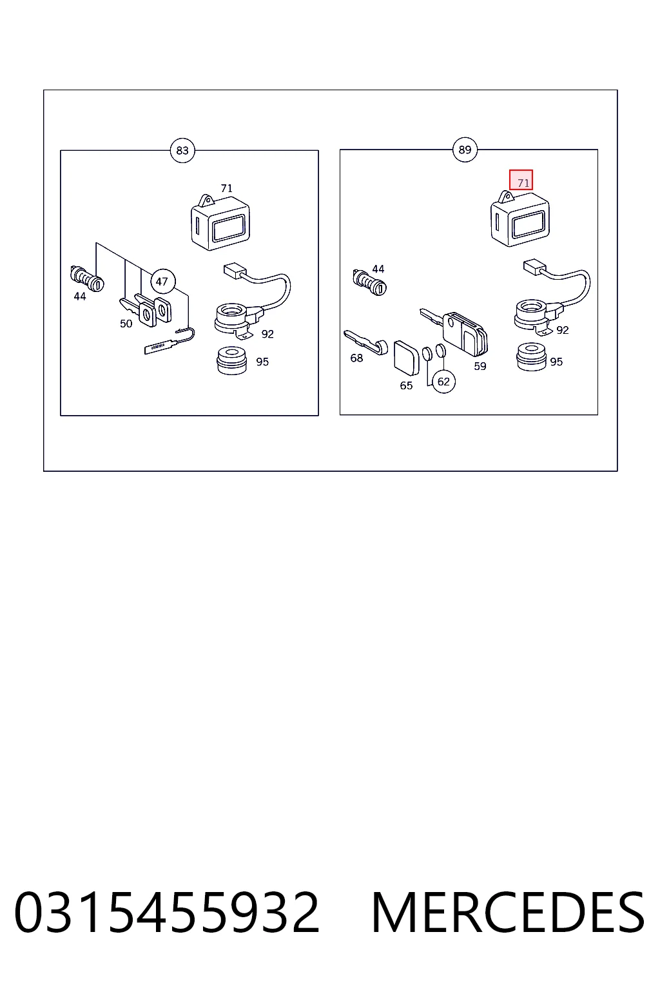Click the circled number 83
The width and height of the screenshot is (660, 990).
coord(182,151)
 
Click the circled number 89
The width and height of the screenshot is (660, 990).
coord(465,150)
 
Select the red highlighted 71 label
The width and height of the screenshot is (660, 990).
coord(521,180)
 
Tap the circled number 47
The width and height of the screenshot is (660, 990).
coord(162,282)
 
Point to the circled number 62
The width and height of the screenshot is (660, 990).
coord(443,382)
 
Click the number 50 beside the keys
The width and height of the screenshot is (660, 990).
coord(126,324)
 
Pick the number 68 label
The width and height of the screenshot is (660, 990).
coord(356,358)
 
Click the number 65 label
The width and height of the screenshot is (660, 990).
coord(406,386)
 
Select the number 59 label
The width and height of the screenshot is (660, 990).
coord(480,366)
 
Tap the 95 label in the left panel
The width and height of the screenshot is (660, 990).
coord(262,362)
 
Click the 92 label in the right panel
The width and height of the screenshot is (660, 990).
coord(562,330)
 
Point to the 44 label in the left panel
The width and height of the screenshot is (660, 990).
coord(79,296)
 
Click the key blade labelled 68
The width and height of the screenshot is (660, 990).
coord(365,342)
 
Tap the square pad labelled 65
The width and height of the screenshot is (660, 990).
coord(406,357)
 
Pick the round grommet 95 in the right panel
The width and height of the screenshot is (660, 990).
coord(531,357)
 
